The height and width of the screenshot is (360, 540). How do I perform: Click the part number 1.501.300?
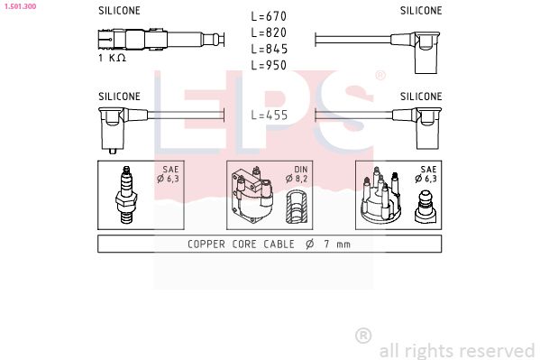click(20, 6)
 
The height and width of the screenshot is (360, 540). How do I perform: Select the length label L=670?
click(269, 16)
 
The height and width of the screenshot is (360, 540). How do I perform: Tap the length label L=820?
click(269, 32)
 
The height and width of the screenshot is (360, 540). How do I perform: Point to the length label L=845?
click(270, 49)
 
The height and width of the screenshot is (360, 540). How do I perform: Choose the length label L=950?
click(269, 65)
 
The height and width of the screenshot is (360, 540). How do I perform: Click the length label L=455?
click(270, 115)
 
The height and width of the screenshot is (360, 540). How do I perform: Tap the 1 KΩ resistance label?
click(113, 58)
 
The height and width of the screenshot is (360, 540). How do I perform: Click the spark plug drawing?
click(126, 195)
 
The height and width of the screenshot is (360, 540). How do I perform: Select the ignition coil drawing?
click(252, 195)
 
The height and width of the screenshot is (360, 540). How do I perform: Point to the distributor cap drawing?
click(381, 196)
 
